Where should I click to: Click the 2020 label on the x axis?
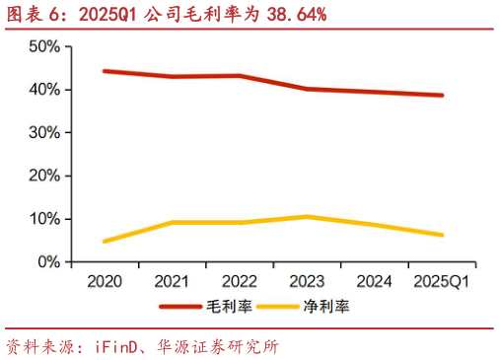click(104, 282)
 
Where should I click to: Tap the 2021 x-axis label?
click(172, 282)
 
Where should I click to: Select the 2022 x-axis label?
click(240, 282)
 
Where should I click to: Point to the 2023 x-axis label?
click(307, 282)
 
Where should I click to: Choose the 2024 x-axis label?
click(374, 282)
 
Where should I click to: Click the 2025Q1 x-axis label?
click(441, 282)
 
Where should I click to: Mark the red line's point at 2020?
click(104, 71)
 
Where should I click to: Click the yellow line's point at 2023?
click(307, 217)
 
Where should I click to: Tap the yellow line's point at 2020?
click(104, 242)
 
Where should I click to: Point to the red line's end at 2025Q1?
click(442, 96)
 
